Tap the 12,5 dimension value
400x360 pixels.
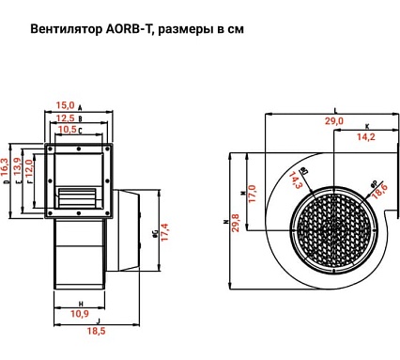pyautogui.click(x=67, y=118)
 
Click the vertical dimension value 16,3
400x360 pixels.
pyautogui.click(x=7, y=169)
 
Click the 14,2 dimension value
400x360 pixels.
pyautogui.click(x=366, y=137)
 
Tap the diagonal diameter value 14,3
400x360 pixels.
pyautogui.click(x=296, y=180)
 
